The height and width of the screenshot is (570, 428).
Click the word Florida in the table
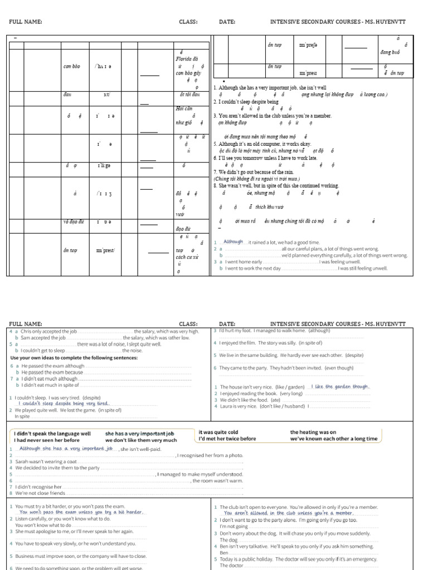coord(185,58)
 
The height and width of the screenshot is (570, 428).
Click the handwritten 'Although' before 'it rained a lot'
coord(233,242)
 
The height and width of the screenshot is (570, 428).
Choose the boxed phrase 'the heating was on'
coord(313,431)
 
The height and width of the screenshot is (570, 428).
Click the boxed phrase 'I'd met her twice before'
coord(227,439)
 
